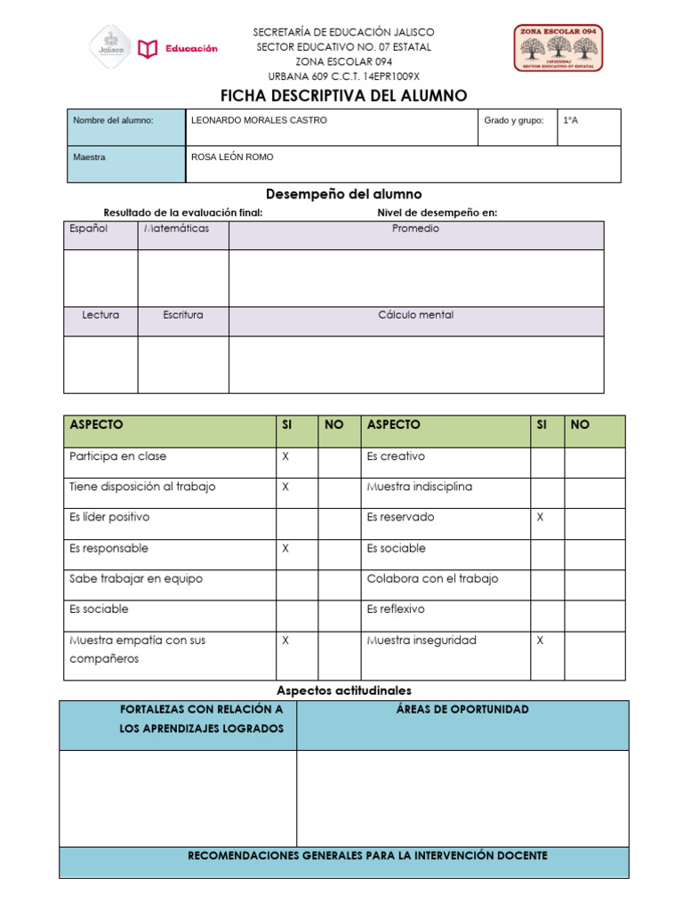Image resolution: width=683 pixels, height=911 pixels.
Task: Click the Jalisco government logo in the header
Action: (110, 47)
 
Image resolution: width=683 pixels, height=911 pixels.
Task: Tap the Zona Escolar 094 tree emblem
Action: (558, 48)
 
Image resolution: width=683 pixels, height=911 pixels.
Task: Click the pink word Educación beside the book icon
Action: (190, 49)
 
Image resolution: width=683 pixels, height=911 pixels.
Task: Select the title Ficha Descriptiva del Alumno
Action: (343, 96)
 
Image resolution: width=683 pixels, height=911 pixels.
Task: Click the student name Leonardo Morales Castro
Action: (259, 120)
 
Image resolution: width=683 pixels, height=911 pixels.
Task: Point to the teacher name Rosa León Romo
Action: (232, 157)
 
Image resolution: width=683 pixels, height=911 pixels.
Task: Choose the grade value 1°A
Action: (570, 120)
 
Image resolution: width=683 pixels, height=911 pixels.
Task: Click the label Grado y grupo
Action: (513, 120)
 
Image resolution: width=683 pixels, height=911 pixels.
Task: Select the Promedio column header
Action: (415, 229)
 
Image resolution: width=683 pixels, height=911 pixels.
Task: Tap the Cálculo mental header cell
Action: (415, 315)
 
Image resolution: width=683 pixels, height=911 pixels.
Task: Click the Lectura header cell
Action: (100, 315)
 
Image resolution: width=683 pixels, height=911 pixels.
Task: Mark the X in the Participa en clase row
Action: (285, 456)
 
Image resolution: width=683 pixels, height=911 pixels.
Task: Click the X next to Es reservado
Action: (540, 517)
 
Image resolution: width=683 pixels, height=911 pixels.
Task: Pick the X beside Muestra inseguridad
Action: (540, 640)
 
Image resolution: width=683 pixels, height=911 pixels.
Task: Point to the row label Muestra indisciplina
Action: (419, 487)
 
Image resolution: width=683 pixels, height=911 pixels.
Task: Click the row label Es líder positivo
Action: (109, 517)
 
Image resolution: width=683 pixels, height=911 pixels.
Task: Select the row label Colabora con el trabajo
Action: (432, 578)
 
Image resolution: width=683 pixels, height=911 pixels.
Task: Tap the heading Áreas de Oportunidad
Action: (462, 709)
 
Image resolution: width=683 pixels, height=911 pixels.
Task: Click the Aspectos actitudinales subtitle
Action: (344, 690)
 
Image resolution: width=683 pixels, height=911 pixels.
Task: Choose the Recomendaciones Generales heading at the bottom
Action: (367, 856)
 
